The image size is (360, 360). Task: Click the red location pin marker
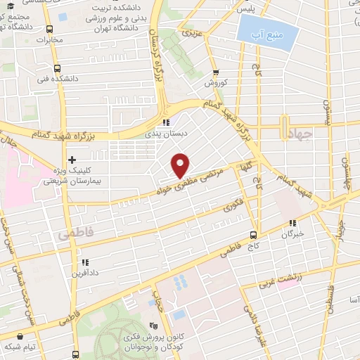pos(181,165)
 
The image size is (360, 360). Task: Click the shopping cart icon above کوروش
pos(215,71)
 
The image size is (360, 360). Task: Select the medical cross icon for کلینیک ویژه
pos(72,159)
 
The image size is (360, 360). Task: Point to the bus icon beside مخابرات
pos(49,29)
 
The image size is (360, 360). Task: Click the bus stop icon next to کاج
pos(254,236)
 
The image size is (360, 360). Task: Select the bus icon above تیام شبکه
pos(74,355)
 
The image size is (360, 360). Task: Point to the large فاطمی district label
pos(75,231)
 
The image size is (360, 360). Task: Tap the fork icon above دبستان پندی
pos(166,120)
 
